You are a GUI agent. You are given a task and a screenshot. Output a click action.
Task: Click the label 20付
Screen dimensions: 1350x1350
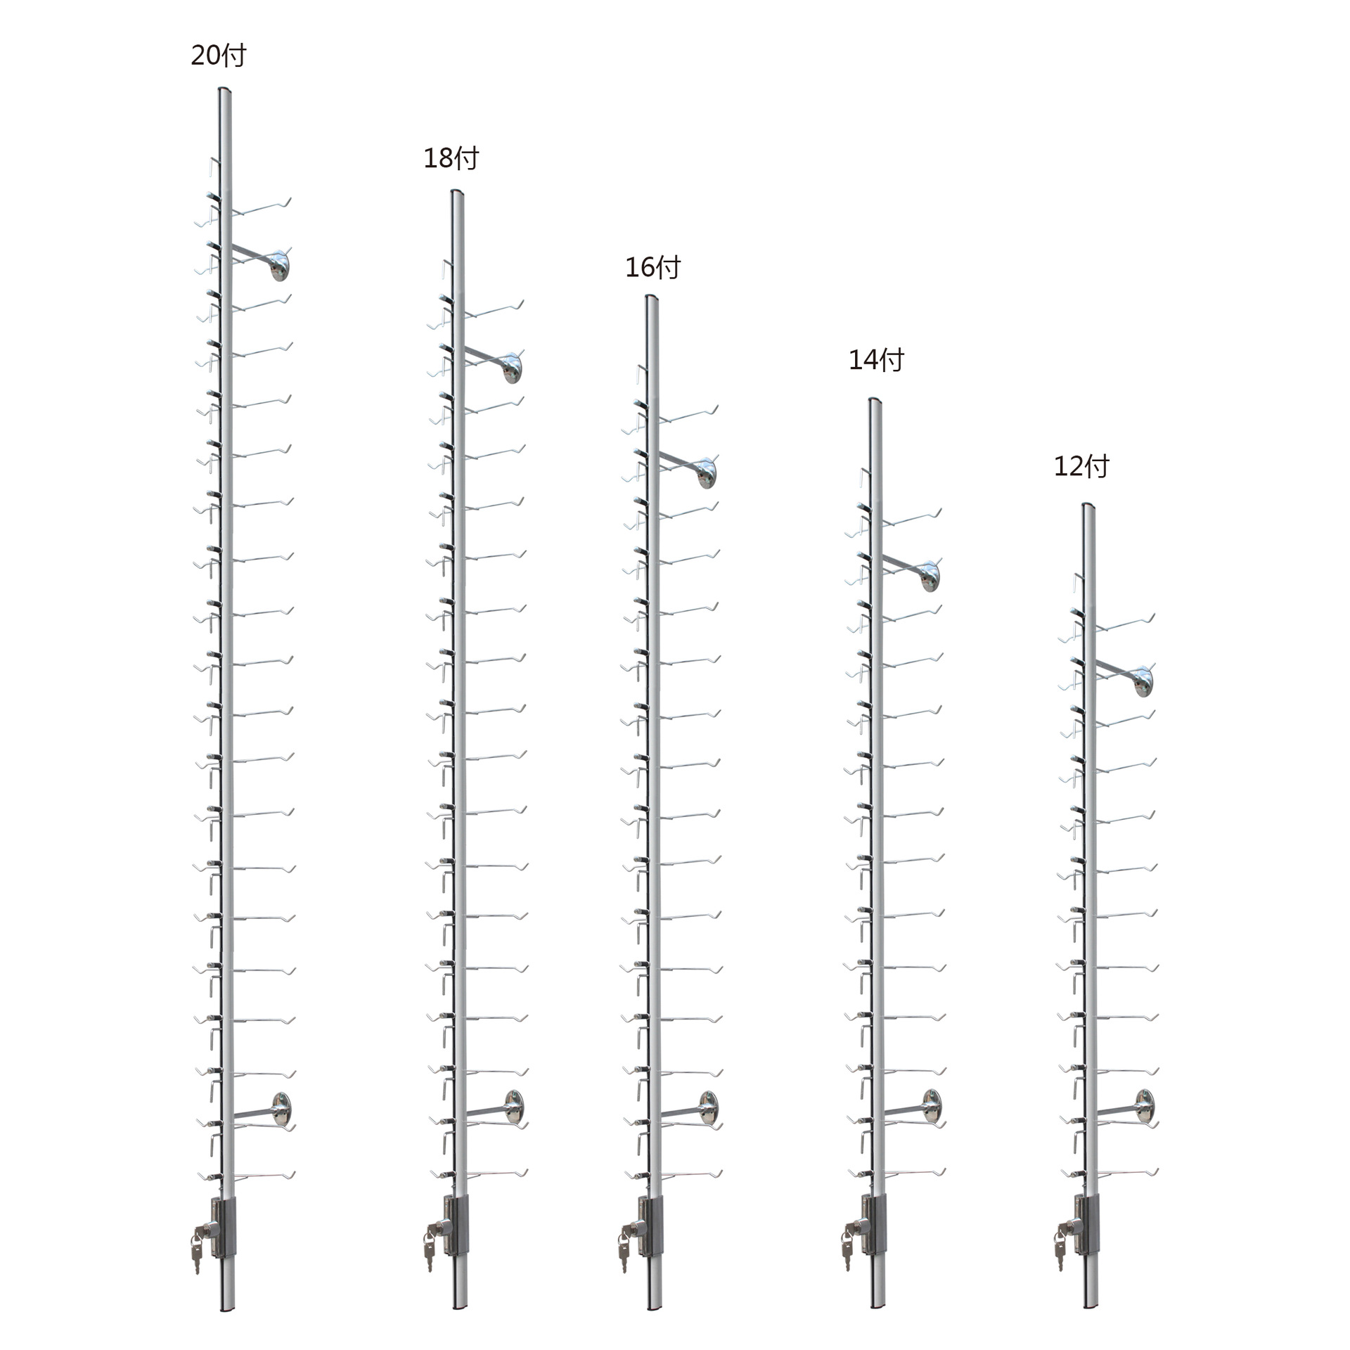coord(219,56)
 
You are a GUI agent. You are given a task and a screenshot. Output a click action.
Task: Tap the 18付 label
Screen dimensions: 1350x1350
coord(451,159)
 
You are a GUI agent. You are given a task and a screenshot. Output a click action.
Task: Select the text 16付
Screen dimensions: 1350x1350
coord(653,268)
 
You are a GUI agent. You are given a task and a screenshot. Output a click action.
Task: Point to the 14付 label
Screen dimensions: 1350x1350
coord(876,360)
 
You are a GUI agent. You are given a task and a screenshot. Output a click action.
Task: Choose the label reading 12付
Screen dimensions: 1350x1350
coord(1081,467)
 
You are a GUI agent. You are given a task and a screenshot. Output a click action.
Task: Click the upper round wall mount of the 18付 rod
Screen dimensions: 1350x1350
coord(513,366)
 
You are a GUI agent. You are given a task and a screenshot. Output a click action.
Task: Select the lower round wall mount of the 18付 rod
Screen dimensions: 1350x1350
coord(514,1106)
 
